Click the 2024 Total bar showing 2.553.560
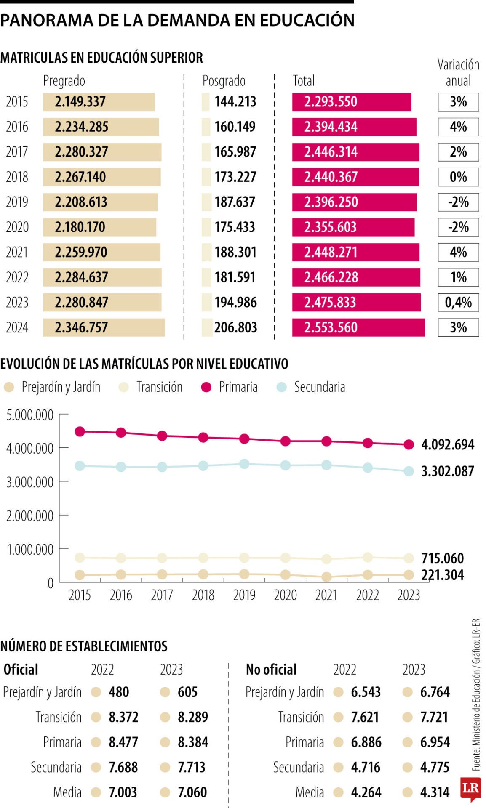(358, 327)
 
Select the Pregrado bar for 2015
(99, 102)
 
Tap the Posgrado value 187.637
(235, 202)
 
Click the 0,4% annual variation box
(458, 303)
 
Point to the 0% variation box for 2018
(458, 177)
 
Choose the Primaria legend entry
(230, 387)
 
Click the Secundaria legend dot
(281, 387)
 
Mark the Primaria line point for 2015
(80, 431)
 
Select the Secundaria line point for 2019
(244, 464)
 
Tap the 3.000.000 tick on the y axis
(30, 482)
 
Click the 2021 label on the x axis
(326, 595)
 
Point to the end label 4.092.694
(447, 445)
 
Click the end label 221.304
(442, 575)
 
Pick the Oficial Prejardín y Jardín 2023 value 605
(187, 692)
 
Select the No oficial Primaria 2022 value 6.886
(366, 742)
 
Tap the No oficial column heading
(271, 670)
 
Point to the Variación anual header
(458, 72)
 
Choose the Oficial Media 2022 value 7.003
(123, 792)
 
